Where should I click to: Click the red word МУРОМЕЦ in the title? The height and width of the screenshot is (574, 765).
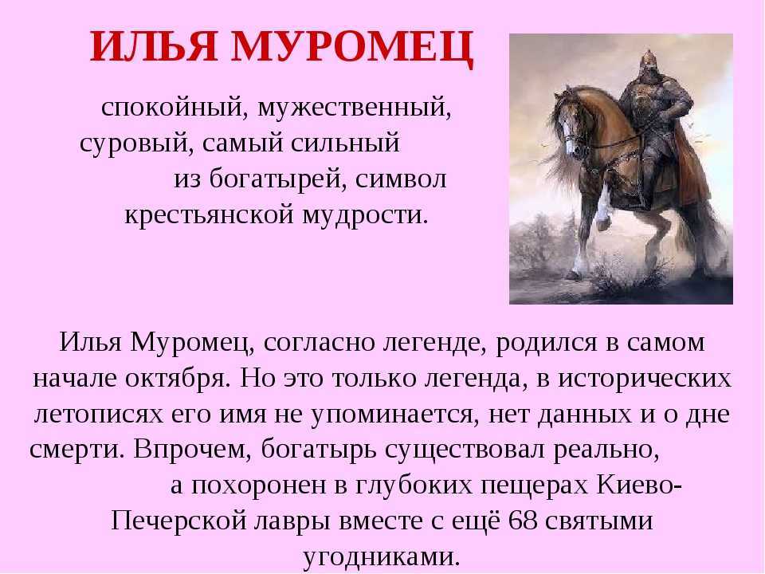point(352,47)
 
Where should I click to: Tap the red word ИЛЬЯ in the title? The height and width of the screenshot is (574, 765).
point(154,46)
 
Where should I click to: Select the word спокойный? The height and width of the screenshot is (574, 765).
point(172,108)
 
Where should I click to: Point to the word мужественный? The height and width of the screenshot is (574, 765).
point(354,108)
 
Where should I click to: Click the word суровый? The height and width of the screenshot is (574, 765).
point(133,144)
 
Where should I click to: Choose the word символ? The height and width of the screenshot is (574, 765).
point(401,179)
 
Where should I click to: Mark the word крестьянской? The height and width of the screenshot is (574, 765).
point(209,215)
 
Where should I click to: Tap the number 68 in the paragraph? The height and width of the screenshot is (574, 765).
point(523,521)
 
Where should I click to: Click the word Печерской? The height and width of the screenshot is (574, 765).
point(178,521)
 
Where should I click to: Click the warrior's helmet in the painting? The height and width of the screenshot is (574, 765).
point(647,62)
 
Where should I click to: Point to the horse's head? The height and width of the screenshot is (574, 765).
point(571,122)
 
